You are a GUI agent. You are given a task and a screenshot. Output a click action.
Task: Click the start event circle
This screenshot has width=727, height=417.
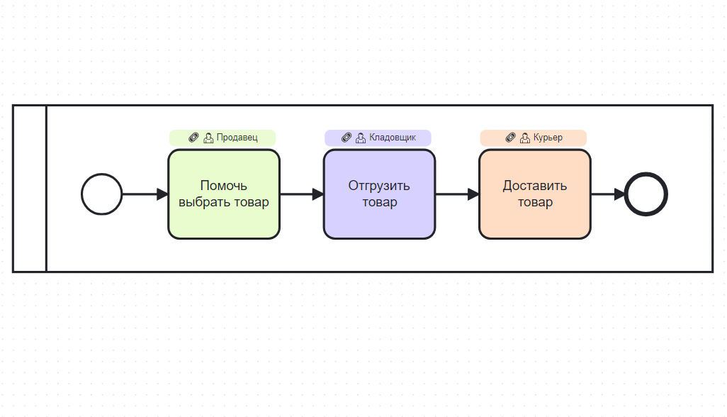point(102,194)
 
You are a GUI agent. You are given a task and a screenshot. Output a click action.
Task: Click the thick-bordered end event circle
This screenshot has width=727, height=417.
point(646,194)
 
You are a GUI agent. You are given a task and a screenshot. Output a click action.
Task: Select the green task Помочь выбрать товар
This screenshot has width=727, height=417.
point(224,194)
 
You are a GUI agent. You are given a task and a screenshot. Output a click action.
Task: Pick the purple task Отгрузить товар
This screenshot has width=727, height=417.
point(379,194)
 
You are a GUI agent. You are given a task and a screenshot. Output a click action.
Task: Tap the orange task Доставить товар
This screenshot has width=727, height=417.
point(534,194)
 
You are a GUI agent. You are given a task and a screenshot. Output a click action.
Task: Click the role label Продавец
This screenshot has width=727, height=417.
point(237,138)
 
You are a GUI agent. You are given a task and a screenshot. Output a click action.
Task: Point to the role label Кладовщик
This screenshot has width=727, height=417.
point(392,138)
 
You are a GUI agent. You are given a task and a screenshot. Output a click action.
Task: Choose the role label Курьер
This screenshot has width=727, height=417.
point(548,138)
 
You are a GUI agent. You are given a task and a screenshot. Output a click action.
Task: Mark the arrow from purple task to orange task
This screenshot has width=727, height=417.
point(456,194)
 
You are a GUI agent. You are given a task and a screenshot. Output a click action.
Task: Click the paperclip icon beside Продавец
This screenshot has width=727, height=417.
point(194,138)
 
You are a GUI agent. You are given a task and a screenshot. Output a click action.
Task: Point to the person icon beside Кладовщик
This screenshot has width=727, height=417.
point(361,138)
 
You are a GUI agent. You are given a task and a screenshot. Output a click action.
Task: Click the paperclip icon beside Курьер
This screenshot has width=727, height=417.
point(511,138)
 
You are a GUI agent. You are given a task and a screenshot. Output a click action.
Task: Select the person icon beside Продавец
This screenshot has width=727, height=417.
point(208,138)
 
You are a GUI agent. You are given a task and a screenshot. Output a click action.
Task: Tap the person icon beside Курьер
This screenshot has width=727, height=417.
point(525,138)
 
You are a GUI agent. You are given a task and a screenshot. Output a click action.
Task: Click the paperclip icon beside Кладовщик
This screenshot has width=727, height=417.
point(346,138)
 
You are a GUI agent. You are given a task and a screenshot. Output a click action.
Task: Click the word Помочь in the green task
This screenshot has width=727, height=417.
point(224,186)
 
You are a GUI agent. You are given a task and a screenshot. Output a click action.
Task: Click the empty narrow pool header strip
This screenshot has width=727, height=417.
point(30,189)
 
